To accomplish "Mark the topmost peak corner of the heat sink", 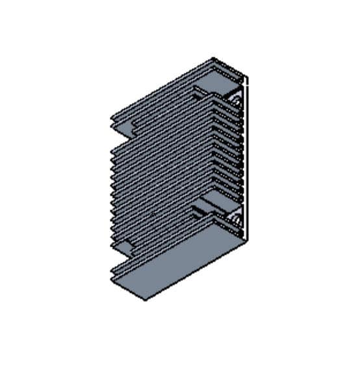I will point(214,59).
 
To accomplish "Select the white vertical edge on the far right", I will point(248,156).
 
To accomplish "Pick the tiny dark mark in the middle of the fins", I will point(152,213).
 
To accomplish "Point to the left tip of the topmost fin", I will point(112,116).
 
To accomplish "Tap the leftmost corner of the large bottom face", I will point(113,277).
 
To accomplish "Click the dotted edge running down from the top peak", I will point(229,68).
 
